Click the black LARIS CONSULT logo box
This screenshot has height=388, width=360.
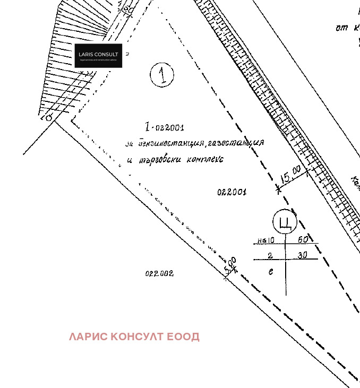pyautogui.click(x=98, y=56)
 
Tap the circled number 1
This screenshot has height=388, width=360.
pyautogui.click(x=162, y=75)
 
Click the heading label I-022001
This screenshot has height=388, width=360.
pyautogui.click(x=165, y=127)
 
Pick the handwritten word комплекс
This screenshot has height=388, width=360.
pyautogui.click(x=203, y=159)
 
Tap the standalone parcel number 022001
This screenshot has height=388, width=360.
pyautogui.click(x=232, y=192)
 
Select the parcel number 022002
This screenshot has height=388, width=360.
pyautogui.click(x=159, y=274)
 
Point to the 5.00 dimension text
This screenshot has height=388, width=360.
pyautogui.click(x=230, y=266)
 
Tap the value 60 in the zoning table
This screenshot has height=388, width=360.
pyautogui.click(x=303, y=240)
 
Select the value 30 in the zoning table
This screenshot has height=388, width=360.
pyautogui.click(x=302, y=255)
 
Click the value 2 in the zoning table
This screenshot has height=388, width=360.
pyautogui.click(x=270, y=256)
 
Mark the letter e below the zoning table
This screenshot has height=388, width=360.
pyautogui.click(x=271, y=272)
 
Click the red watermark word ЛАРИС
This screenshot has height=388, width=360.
pyautogui.click(x=88, y=337)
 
